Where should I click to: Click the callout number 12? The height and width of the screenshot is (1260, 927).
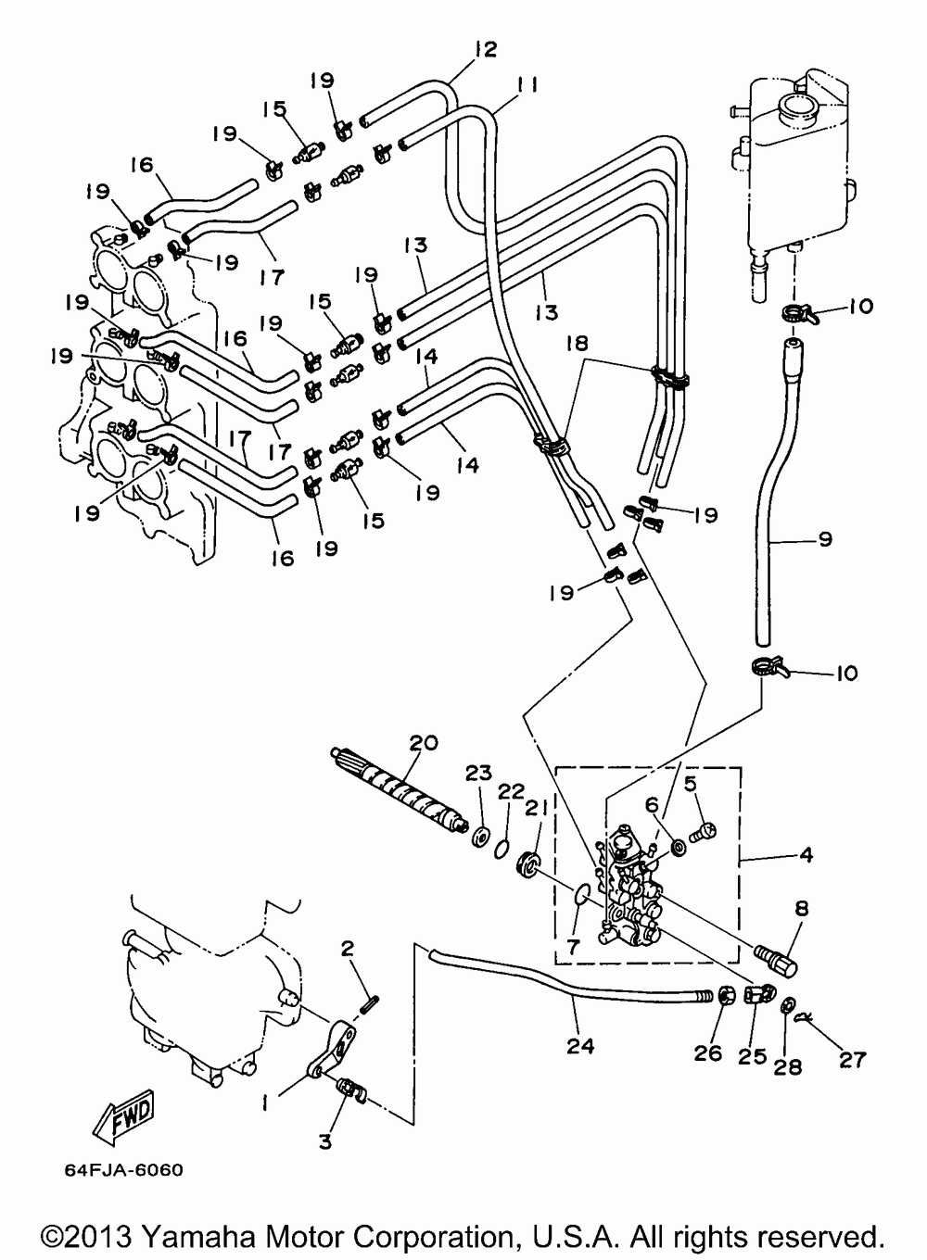(485, 49)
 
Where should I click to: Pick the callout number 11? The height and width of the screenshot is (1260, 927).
(527, 85)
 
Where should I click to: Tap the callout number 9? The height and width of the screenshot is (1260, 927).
(824, 539)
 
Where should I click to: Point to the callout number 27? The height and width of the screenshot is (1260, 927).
(852, 1060)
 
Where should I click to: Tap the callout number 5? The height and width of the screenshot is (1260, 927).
(691, 783)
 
